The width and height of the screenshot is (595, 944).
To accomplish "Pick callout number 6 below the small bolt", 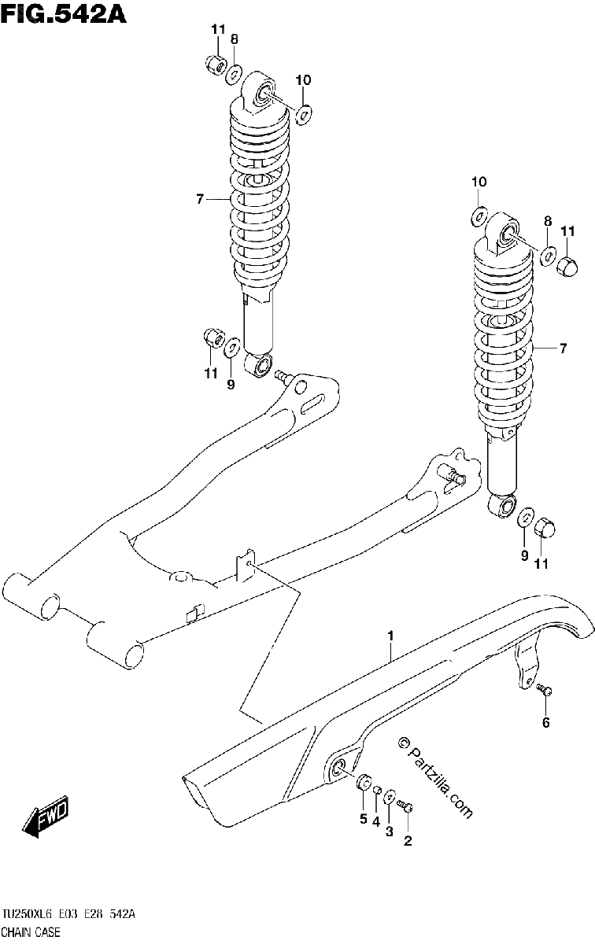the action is (x=545, y=723).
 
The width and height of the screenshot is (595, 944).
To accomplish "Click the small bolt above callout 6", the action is (x=544, y=689).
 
